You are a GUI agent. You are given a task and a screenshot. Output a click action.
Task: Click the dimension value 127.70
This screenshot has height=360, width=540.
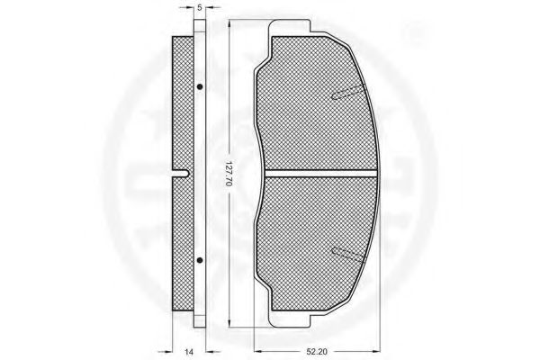pos(229,174)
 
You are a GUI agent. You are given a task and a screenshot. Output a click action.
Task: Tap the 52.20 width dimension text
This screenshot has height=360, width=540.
pos(317,352)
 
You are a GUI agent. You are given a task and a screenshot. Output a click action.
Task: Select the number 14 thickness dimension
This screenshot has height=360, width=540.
pos(189,352)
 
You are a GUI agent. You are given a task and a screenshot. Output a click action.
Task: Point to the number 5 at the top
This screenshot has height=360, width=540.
pos(199,8)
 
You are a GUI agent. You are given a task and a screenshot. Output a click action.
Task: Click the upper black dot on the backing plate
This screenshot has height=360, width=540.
pos(200,86)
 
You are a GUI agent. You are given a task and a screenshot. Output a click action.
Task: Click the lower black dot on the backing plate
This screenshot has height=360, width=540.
pos(200,260)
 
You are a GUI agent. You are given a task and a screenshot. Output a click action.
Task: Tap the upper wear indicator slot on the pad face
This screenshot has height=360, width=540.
pos(348,93)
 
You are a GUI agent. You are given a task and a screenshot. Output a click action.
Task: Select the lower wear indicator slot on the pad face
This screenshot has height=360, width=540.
pos(348,256)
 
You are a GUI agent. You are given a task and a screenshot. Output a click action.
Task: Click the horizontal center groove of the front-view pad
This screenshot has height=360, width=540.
pos(321,174)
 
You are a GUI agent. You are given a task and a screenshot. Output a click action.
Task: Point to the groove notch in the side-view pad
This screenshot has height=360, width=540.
pos(181,174)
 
